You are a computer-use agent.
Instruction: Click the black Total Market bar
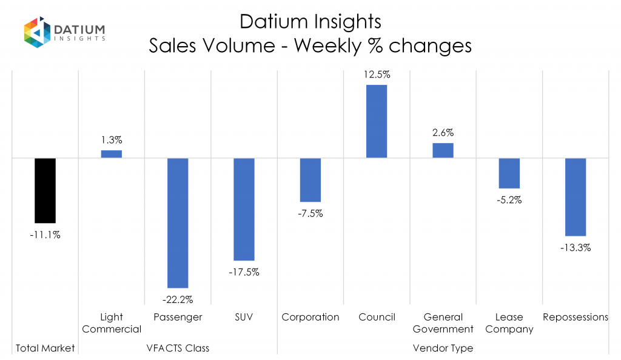tap(45, 190)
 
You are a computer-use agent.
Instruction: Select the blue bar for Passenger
tap(178, 222)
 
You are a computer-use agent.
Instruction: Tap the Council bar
tap(377, 121)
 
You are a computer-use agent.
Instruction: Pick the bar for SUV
tap(244, 209)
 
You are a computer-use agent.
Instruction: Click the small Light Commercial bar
tap(112, 154)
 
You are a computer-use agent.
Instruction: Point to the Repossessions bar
tap(576, 196)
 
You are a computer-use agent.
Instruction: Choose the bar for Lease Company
tap(509, 173)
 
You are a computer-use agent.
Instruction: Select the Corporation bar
tap(310, 179)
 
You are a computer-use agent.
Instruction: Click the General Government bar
tap(443, 150)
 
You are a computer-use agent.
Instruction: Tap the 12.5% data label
tap(377, 75)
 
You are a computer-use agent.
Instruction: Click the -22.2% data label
tap(178, 299)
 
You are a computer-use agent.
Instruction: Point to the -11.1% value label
tap(45, 235)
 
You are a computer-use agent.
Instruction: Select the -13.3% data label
tap(576, 247)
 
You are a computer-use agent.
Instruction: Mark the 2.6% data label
tap(443, 133)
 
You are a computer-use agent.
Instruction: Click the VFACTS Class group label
tap(178, 348)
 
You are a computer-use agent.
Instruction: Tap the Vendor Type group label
tap(443, 348)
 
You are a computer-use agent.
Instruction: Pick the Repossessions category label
tap(576, 317)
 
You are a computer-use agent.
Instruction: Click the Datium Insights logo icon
tap(36, 33)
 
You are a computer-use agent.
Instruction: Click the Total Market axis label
tap(45, 348)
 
